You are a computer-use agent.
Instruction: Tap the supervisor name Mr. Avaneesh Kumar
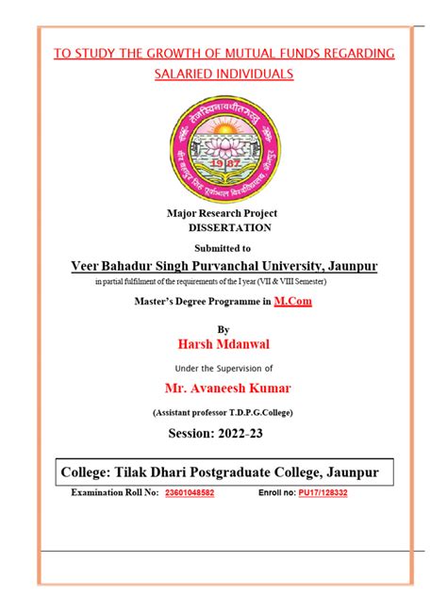[223, 389]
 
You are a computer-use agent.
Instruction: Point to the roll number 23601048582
[190, 492]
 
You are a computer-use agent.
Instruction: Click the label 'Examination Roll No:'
[114, 492]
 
